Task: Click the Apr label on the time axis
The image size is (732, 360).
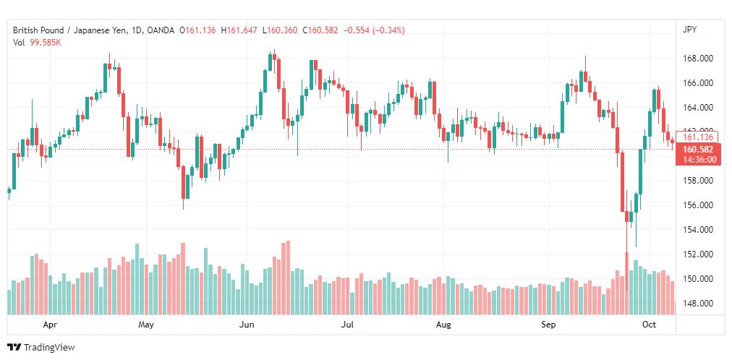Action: click(x=51, y=325)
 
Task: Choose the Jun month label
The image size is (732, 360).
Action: click(x=246, y=325)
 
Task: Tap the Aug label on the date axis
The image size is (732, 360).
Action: click(x=443, y=325)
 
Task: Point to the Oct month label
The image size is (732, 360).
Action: click(x=650, y=325)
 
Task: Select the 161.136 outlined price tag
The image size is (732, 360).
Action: click(x=697, y=137)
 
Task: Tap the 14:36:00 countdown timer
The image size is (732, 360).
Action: click(x=699, y=160)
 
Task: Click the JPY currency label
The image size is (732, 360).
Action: click(x=689, y=30)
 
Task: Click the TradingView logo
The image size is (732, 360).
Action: click(x=41, y=348)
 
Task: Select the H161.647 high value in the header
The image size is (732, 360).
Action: click(x=239, y=30)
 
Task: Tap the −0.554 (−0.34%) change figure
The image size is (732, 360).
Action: click(x=374, y=30)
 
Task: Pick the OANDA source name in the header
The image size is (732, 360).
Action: click(x=160, y=30)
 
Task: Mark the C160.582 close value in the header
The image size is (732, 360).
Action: click(x=320, y=30)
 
